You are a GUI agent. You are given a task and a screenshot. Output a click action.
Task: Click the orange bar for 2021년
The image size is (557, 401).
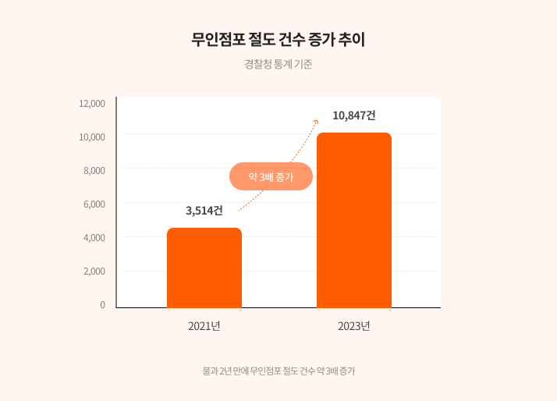(204, 268)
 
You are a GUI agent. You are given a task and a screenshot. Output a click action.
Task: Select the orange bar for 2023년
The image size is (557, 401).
(354, 220)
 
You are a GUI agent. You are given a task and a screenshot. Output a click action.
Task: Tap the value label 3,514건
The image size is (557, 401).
(204, 210)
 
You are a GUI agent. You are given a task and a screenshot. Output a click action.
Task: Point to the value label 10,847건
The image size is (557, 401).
(354, 115)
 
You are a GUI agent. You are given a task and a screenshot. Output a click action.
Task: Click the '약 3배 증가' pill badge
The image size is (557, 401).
(271, 176)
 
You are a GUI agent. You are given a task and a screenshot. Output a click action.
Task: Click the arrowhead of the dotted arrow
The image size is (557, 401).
(315, 122)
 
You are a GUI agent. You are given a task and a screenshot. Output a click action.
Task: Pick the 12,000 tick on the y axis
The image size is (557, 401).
(92, 103)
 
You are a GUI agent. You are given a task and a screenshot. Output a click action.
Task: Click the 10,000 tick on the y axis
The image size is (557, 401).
(92, 137)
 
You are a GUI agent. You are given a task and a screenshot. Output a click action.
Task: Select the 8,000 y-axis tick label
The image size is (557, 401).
(94, 170)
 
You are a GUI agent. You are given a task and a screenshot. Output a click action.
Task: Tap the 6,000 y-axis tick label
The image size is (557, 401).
(94, 204)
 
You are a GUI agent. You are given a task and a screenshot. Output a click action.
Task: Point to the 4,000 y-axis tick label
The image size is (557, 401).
(94, 237)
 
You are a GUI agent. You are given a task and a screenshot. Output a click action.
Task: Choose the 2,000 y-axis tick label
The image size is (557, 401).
(94, 271)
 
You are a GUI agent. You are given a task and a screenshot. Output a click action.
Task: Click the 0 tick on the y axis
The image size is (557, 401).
(102, 304)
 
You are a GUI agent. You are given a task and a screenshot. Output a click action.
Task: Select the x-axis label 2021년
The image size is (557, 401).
(204, 325)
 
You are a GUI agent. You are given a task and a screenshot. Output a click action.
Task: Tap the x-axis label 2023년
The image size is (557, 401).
(354, 325)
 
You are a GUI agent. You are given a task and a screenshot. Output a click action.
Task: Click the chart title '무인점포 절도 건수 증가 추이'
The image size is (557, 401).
(278, 40)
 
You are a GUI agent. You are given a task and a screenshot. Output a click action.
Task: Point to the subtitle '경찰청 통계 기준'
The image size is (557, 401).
(278, 65)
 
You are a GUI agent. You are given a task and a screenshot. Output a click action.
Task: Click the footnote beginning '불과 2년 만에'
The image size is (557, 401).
(278, 371)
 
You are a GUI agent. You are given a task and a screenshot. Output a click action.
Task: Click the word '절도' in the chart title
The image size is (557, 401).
(264, 40)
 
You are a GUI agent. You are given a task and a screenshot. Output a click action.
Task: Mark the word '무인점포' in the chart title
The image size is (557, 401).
(219, 40)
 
